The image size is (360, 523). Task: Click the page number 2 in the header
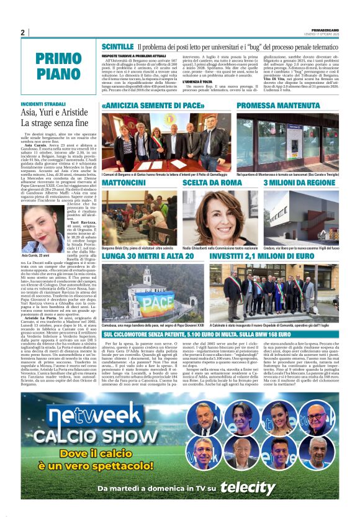point(23,32)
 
